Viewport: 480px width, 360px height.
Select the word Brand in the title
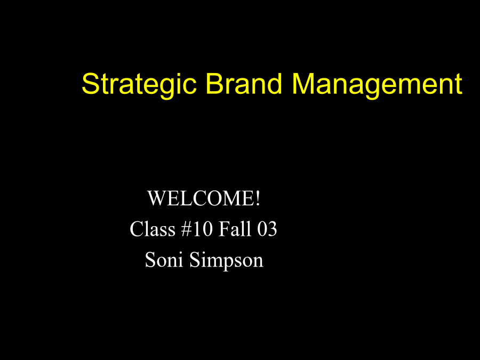(x=243, y=83)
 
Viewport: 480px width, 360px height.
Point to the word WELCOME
(x=201, y=198)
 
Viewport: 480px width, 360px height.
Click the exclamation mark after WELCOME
(x=258, y=198)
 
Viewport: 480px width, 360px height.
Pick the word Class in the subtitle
(x=153, y=229)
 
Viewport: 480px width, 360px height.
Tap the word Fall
(x=235, y=229)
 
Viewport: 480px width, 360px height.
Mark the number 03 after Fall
(x=267, y=229)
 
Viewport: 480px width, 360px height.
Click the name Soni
(x=164, y=260)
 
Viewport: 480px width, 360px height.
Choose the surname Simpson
(x=226, y=261)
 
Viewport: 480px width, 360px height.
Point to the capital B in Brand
(x=214, y=83)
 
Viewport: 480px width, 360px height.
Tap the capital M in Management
(x=303, y=83)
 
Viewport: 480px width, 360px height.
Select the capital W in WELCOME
(x=156, y=198)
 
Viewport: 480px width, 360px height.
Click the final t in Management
(x=459, y=84)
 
